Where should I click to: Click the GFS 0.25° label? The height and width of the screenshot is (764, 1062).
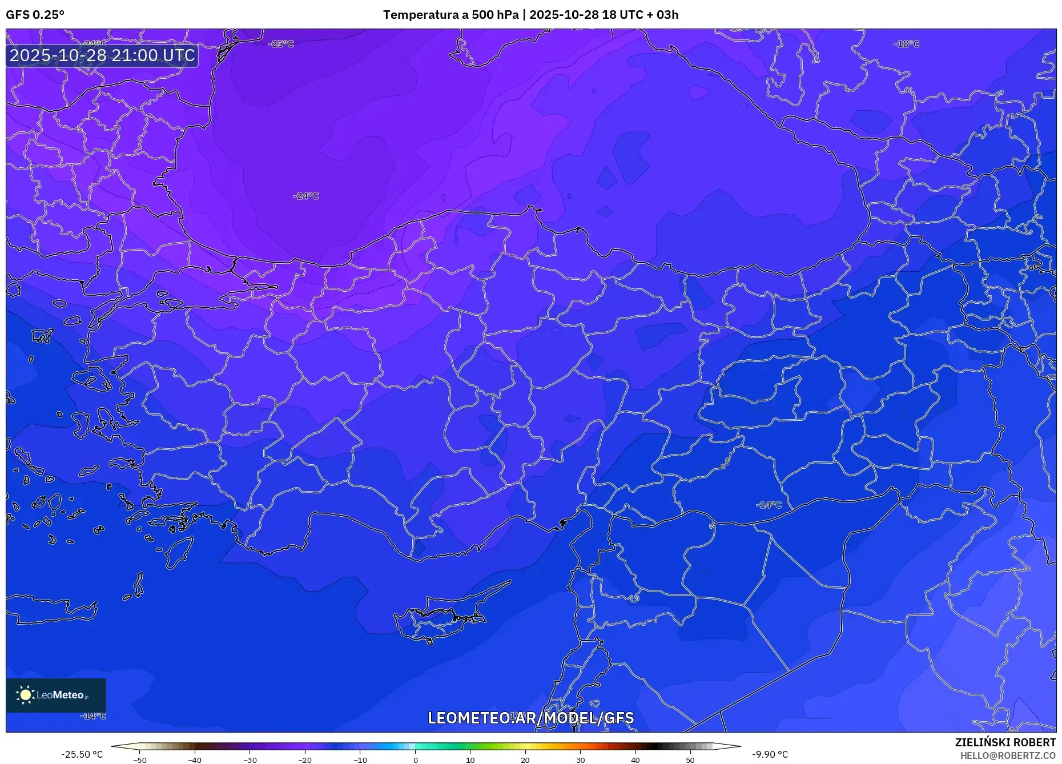(x=35, y=15)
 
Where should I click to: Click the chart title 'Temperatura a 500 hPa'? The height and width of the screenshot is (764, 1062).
(x=450, y=15)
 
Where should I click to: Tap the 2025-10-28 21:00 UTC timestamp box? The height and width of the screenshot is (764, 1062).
(x=102, y=55)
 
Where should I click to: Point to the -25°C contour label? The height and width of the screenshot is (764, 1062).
(x=281, y=44)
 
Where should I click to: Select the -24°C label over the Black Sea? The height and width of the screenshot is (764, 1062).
(x=306, y=196)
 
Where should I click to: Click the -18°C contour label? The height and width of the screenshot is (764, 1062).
(x=906, y=44)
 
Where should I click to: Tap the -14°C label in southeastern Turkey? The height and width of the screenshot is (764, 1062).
(x=769, y=505)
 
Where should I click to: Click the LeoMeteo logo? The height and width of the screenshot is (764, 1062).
(x=56, y=695)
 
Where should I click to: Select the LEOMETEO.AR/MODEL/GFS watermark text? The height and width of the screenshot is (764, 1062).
(x=530, y=718)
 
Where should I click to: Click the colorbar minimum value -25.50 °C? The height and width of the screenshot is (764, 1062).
(x=82, y=754)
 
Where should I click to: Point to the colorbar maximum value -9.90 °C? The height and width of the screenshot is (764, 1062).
(x=770, y=754)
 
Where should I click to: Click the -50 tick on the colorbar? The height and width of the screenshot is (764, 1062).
(x=140, y=760)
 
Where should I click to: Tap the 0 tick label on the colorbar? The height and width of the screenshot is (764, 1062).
(x=416, y=760)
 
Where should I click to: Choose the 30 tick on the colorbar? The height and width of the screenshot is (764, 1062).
(x=580, y=760)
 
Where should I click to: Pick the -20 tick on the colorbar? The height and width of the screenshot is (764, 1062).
(x=305, y=760)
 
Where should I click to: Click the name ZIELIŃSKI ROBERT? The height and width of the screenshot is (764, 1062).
(x=1005, y=742)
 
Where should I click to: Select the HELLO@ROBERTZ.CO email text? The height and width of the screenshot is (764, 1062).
(x=1008, y=755)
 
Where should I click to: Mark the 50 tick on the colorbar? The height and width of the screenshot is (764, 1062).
(x=690, y=760)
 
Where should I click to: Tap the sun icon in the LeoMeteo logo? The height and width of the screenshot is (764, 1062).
(x=25, y=695)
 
